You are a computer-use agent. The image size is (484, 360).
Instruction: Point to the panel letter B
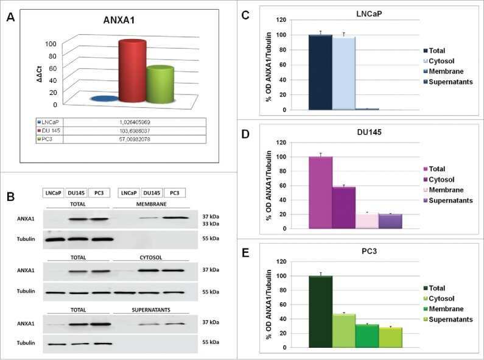(x=11, y=196)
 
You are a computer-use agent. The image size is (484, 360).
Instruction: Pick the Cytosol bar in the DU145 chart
(x=344, y=207)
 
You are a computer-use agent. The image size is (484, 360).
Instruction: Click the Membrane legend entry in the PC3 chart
(x=446, y=309)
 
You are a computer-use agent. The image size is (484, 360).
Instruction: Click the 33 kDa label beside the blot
(x=209, y=224)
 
